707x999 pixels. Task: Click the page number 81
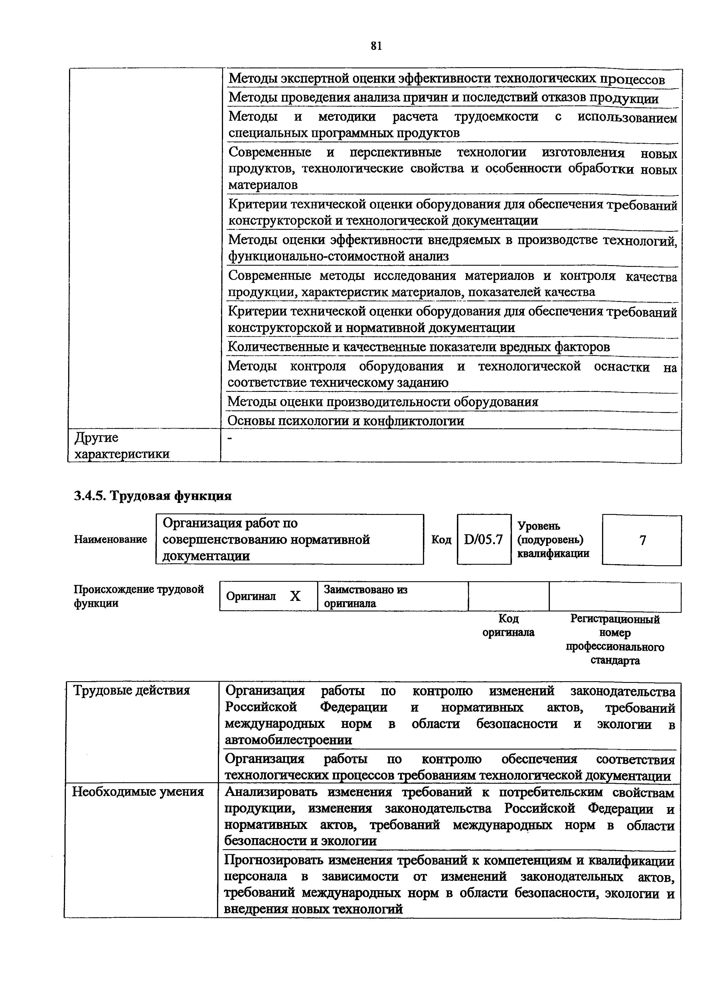tap(376, 46)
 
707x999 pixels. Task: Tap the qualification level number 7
tap(642, 540)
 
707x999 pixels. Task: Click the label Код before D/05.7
tap(441, 540)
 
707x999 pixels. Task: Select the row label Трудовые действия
tap(131, 691)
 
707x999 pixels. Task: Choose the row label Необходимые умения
tap(138, 791)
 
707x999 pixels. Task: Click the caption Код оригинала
tap(508, 625)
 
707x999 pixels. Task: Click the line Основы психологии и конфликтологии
tap(346, 421)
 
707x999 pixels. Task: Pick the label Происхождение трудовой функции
tap(139, 596)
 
